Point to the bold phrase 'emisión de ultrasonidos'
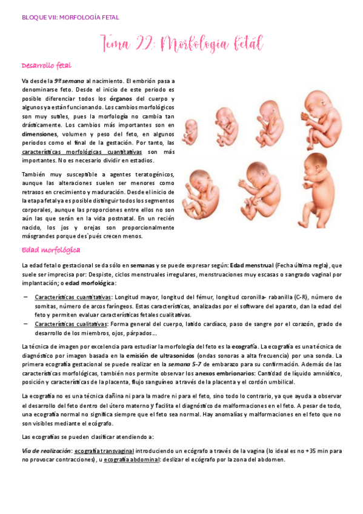click(177, 355)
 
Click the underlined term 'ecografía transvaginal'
click(103, 451)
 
